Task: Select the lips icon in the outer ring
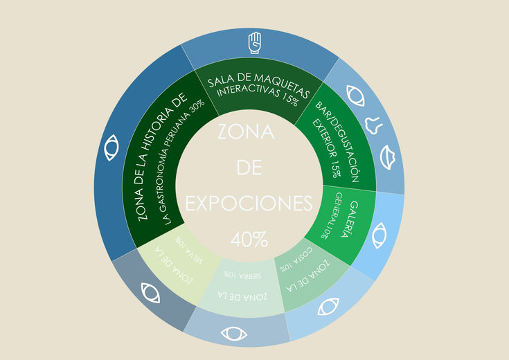point(389,159)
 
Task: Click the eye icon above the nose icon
point(356,95)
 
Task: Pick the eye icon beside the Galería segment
point(379,235)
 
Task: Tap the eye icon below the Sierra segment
point(234,334)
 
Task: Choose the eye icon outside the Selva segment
point(150,292)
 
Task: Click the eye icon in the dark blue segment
point(110,148)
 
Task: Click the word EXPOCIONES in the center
point(249,204)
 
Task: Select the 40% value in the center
point(249,240)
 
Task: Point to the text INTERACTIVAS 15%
point(258,96)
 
